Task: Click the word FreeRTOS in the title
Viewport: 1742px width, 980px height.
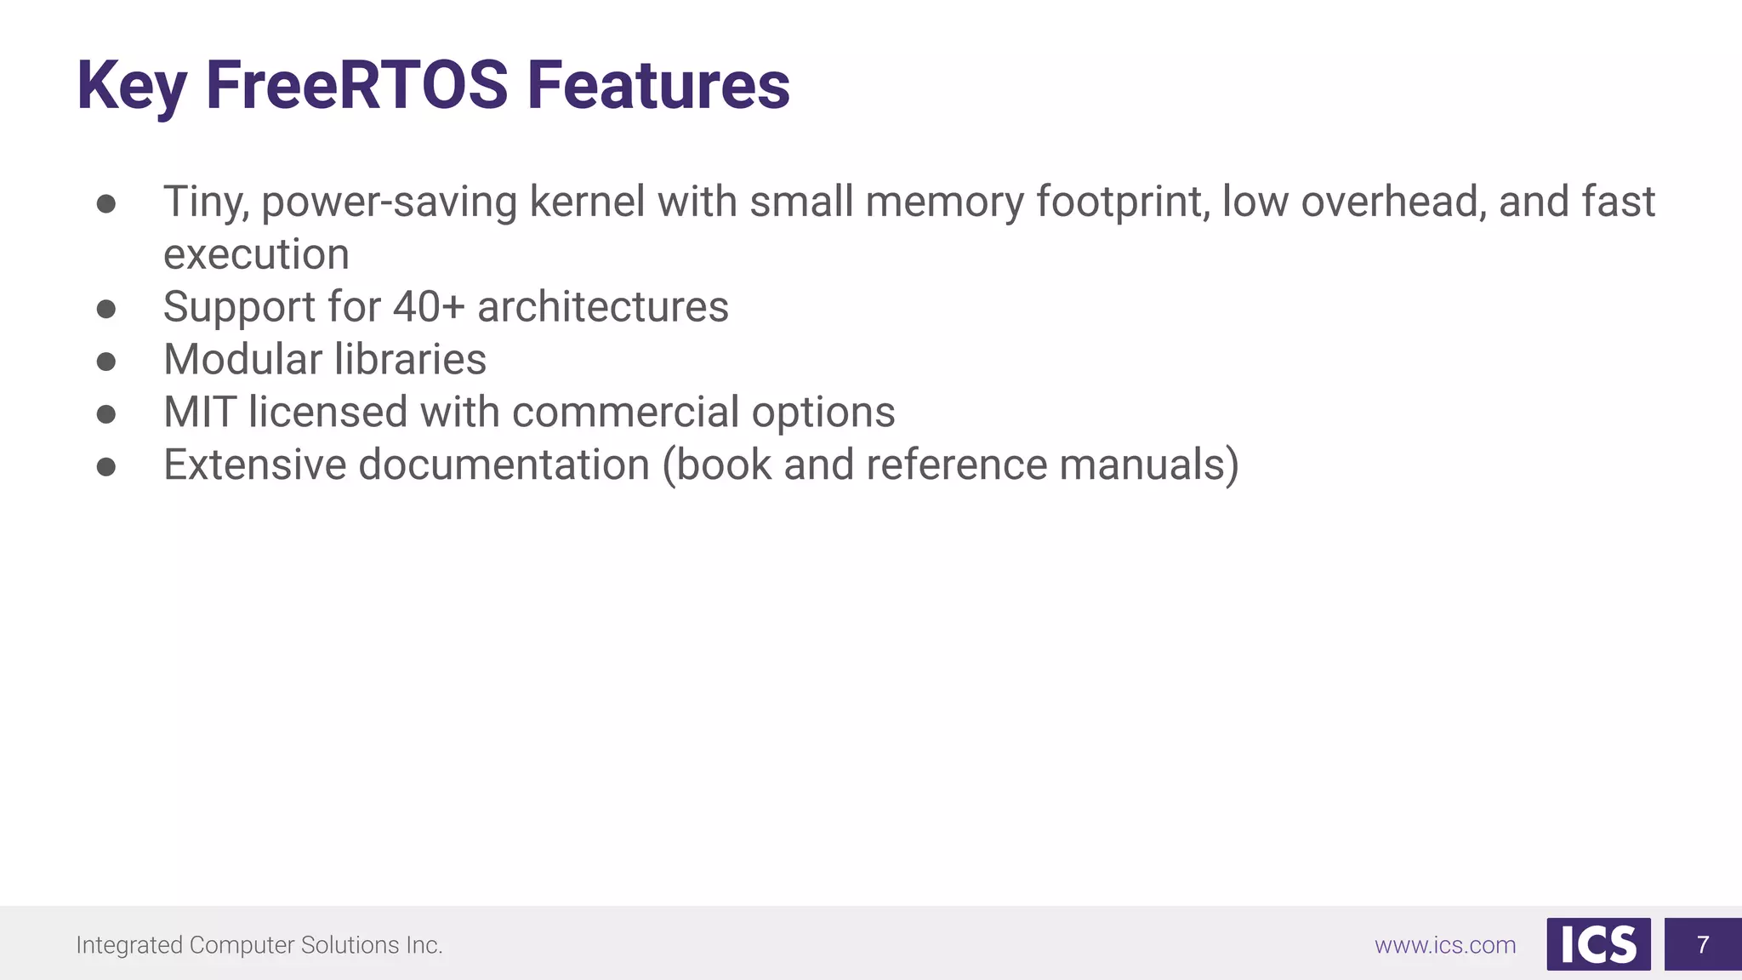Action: [x=356, y=85]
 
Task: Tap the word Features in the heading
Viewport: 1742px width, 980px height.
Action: [x=658, y=85]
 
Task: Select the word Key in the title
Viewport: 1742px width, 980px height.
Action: [x=131, y=87]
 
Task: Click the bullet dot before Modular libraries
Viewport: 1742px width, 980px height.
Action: [x=106, y=362]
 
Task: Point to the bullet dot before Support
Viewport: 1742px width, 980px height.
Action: [x=106, y=309]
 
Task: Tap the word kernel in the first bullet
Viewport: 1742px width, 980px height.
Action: [x=587, y=202]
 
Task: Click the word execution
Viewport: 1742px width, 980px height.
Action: [x=256, y=254]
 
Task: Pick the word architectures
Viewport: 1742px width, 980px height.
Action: [x=602, y=307]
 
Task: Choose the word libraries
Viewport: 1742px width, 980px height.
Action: [x=409, y=360]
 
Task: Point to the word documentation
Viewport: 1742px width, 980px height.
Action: [x=504, y=465]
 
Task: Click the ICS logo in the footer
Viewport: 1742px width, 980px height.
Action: [x=1598, y=944]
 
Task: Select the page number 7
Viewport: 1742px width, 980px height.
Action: [x=1702, y=944]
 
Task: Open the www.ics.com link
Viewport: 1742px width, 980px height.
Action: [x=1445, y=945]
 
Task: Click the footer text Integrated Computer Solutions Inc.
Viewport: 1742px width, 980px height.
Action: [x=259, y=945]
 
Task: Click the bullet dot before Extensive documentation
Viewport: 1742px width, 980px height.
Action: [x=106, y=467]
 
